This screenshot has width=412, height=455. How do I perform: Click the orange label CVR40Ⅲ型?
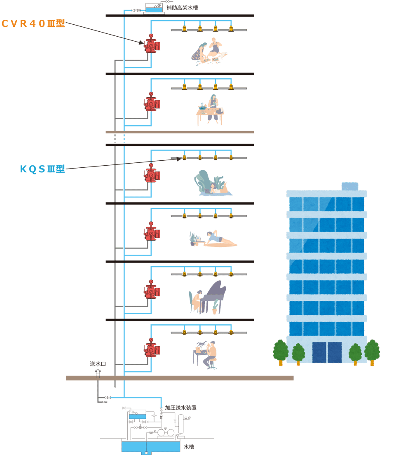(x=33, y=23)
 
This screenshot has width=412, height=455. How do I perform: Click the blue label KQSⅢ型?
(x=42, y=169)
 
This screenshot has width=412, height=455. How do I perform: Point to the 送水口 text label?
(x=98, y=364)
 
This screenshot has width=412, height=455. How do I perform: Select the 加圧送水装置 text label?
(x=180, y=408)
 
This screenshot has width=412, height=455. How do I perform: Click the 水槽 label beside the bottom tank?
(x=188, y=447)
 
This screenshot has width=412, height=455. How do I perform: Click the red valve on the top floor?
(x=151, y=45)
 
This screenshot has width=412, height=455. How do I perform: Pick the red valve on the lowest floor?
(x=151, y=349)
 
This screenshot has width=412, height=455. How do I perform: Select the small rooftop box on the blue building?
(x=350, y=186)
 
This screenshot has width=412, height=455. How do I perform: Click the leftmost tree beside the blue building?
(x=281, y=351)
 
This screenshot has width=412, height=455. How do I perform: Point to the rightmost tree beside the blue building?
(x=372, y=351)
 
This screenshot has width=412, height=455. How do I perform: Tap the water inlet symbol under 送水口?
(x=98, y=373)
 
